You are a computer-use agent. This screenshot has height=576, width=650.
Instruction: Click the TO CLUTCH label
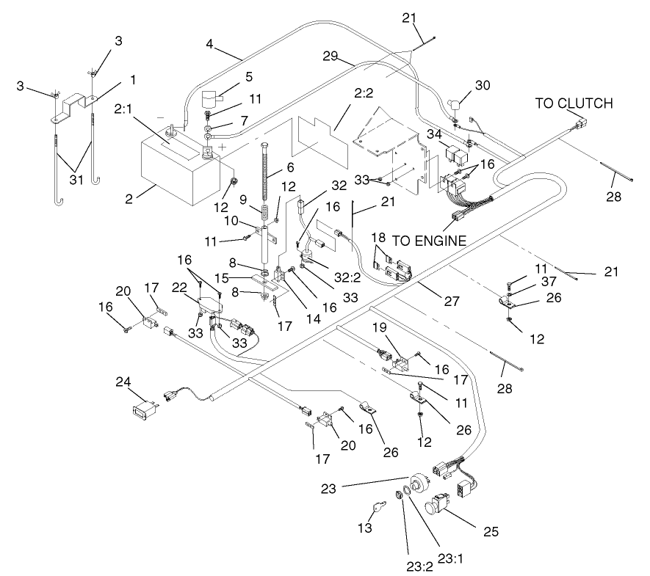pos(573,103)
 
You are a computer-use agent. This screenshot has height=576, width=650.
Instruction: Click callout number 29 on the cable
pos(329,56)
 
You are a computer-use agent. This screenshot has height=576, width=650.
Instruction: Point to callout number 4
pos(210,43)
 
